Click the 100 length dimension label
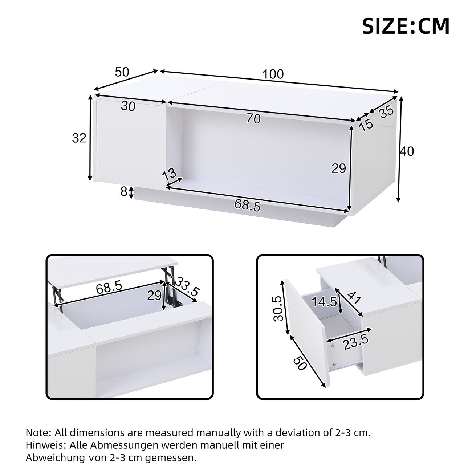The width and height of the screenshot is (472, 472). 273,74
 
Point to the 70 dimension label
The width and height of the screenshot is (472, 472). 254,119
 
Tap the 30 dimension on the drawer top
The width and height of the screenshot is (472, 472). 128,106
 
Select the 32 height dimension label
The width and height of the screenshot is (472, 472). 79,138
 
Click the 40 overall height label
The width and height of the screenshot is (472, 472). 407,151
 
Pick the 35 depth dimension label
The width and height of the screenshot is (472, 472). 386,113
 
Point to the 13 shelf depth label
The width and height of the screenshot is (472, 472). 169,174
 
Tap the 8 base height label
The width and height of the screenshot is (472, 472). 124,192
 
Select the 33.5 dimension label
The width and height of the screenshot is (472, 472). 187,286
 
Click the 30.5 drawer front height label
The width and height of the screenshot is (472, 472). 278,309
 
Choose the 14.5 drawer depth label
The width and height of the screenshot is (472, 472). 324,302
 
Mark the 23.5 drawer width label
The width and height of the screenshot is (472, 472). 356,342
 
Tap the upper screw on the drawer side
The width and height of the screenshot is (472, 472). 332,346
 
